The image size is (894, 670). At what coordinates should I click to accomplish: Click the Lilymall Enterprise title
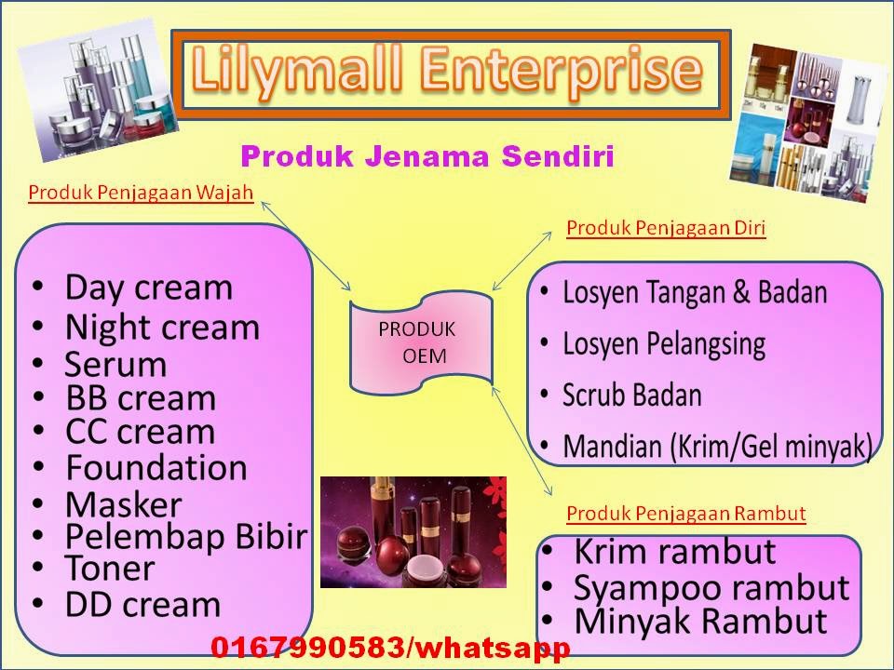[x=447, y=73]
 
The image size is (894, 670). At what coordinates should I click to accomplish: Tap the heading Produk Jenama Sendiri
[x=427, y=155]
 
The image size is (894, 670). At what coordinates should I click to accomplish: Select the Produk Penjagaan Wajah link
[x=141, y=193]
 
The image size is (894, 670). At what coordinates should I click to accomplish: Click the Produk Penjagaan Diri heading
[x=666, y=227]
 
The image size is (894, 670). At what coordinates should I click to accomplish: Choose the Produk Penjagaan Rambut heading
[x=686, y=513]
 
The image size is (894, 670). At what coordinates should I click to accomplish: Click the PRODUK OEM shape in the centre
[x=418, y=342]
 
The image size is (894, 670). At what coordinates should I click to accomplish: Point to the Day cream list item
[x=148, y=287]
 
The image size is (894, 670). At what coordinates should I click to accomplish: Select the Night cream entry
[x=162, y=328]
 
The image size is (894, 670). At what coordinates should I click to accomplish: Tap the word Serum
[x=115, y=364]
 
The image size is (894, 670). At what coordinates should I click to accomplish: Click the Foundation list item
[x=156, y=466]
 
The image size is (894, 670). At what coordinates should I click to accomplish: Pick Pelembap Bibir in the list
[x=185, y=537]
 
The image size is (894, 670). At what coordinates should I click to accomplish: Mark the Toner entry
[x=110, y=568]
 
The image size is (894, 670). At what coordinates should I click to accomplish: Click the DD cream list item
[x=142, y=605]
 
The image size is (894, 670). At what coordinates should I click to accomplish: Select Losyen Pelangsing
[x=664, y=344]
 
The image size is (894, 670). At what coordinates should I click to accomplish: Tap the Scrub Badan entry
[x=632, y=395]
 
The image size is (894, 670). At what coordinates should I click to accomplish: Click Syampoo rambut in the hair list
[x=711, y=588]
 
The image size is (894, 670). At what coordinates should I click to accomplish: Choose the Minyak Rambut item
[x=700, y=621]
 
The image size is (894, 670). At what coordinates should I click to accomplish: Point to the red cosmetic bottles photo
[x=413, y=531]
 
